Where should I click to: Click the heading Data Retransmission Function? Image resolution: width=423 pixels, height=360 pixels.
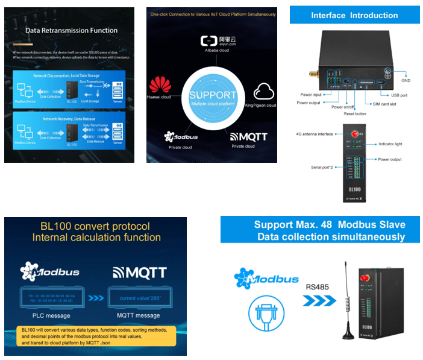pos(71,30)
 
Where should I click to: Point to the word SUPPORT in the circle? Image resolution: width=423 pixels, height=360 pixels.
pos(213,95)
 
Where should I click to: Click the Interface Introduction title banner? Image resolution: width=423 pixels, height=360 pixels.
pos(354,15)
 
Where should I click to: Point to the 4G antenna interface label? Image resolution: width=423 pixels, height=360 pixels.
pos(315,134)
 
